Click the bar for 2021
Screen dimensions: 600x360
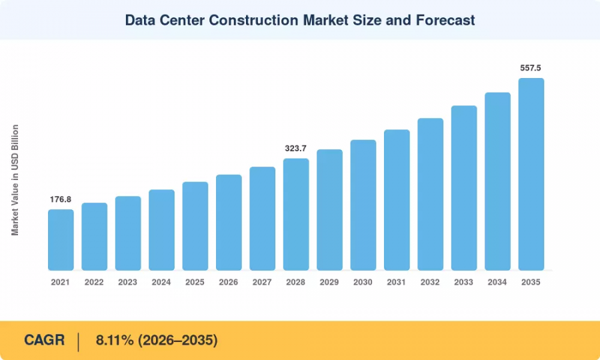(61, 240)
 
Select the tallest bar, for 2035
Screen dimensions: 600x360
(531, 174)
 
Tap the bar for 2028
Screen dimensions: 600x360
(296, 214)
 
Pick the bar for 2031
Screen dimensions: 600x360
(397, 200)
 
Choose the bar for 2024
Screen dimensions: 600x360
(161, 230)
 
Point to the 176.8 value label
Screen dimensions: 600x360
(61, 199)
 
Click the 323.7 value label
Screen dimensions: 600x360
(295, 149)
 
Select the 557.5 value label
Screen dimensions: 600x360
(531, 68)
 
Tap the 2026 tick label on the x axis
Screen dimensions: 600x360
(229, 283)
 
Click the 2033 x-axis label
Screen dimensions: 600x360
(464, 283)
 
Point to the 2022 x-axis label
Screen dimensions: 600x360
(94, 283)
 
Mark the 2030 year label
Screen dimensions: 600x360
(363, 283)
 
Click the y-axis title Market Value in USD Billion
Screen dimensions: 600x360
(15, 180)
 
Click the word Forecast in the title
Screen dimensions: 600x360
(445, 20)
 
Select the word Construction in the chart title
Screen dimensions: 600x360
(253, 20)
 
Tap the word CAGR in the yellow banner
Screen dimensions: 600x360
(45, 340)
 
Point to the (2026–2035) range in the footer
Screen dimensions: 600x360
(178, 340)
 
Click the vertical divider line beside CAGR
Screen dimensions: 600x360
(79, 342)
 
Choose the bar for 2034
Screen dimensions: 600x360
(497, 181)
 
